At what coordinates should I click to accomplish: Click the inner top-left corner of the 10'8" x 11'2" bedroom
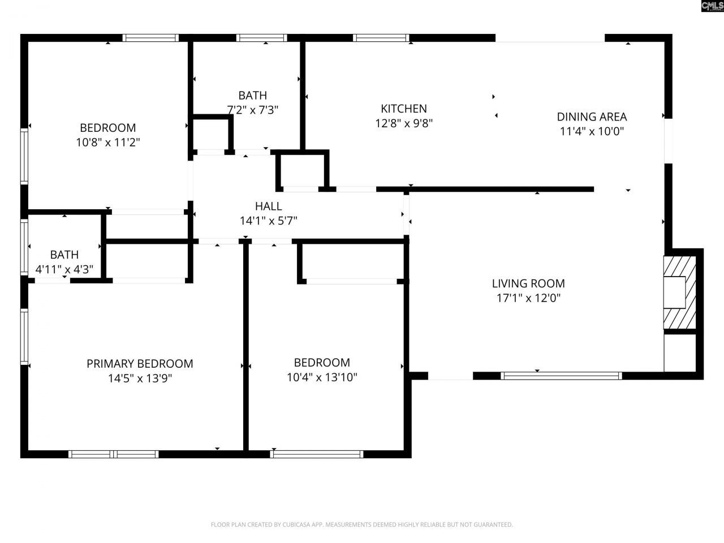(28, 42)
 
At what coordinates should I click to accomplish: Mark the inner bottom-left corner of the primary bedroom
(28, 450)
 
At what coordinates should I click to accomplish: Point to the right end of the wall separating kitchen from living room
(594, 189)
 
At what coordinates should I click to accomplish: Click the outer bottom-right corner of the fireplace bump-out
(704, 380)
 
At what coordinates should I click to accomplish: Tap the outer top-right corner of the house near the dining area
(672, 34)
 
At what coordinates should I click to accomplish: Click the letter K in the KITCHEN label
(384, 109)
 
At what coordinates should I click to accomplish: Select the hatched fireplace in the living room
(680, 292)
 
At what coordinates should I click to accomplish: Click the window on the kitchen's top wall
(381, 38)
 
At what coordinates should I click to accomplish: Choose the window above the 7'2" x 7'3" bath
(261, 38)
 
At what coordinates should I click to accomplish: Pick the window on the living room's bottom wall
(562, 376)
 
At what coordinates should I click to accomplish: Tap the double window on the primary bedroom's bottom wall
(114, 454)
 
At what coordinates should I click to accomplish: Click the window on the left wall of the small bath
(24, 247)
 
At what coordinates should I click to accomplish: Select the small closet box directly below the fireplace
(680, 353)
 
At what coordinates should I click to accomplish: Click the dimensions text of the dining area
(592, 131)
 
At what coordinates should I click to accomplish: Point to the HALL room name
(269, 206)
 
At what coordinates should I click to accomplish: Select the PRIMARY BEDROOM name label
(140, 363)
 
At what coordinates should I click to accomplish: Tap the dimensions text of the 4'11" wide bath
(64, 269)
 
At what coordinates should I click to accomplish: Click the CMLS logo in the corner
(713, 6)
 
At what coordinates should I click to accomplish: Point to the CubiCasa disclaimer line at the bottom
(362, 524)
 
